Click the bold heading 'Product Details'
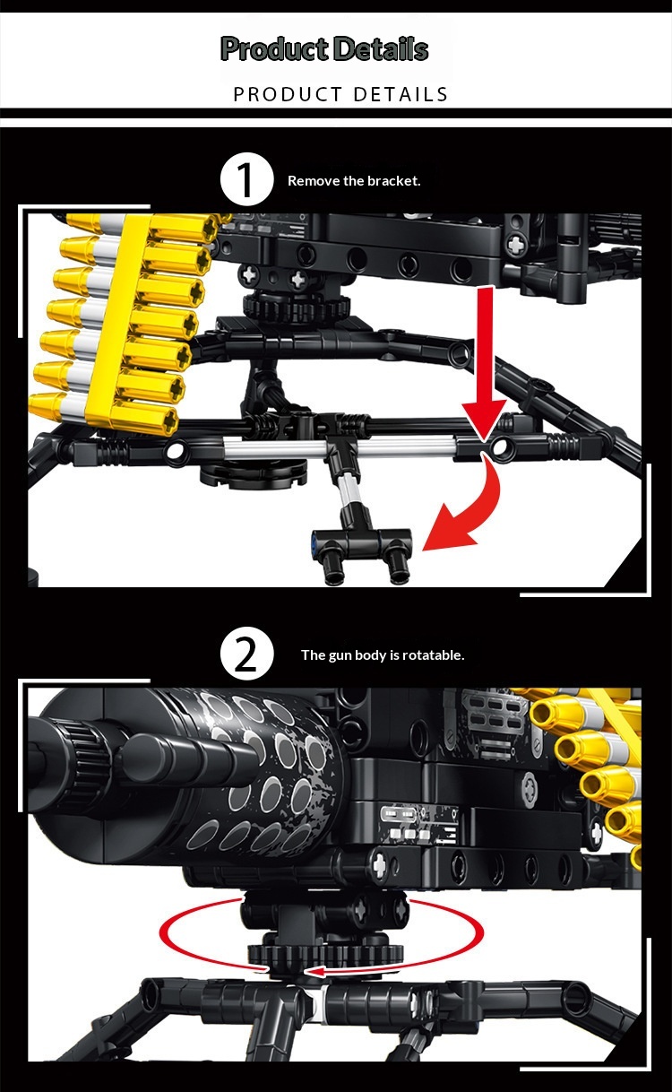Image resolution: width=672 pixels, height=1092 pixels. [324, 48]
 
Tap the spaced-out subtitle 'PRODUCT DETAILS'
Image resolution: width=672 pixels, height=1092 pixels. [340, 94]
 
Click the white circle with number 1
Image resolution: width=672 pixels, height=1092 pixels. [246, 179]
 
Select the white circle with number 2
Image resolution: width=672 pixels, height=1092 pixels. [246, 654]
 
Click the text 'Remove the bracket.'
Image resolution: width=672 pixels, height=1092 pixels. [354, 181]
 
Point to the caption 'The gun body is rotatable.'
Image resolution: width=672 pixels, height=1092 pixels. [383, 654]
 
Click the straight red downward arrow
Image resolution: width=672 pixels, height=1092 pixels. [485, 360]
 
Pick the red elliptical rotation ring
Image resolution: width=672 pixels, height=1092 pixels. [322, 932]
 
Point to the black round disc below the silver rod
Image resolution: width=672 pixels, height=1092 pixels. [254, 474]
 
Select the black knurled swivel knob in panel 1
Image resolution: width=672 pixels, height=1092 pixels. [297, 306]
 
